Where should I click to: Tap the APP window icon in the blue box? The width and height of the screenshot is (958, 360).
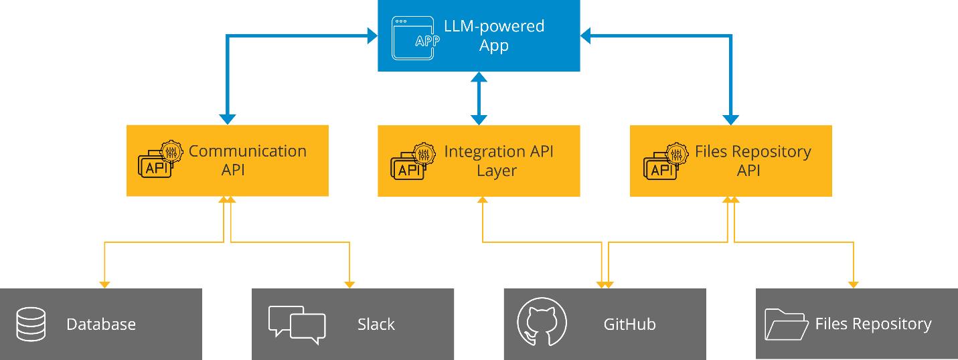tap(412, 37)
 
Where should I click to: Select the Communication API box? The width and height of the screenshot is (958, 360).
tap(227, 161)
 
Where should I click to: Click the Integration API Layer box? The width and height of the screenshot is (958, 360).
tap(478, 161)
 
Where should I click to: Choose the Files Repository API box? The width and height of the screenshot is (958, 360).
tap(730, 161)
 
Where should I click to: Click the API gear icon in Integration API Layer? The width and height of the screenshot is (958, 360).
tap(412, 161)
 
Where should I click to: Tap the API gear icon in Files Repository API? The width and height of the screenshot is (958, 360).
tap(665, 161)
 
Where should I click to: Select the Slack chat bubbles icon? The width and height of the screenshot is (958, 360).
tap(297, 325)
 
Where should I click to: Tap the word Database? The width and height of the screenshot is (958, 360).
tap(101, 325)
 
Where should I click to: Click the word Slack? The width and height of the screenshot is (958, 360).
tap(376, 325)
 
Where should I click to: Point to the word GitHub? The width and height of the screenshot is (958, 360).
tap(629, 325)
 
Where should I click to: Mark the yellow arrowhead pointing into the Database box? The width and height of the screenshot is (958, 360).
tap(104, 284)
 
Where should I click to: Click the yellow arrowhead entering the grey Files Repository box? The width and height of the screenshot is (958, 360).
tap(854, 284)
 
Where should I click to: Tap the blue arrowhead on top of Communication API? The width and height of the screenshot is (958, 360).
tap(227, 120)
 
